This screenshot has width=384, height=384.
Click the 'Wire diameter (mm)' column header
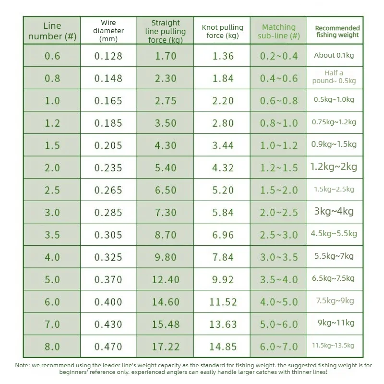108,31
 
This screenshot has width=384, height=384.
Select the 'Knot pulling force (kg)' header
222,31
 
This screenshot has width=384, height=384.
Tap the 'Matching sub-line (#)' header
279,31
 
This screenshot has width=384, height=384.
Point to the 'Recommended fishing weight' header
337,31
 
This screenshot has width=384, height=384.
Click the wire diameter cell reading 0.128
108,56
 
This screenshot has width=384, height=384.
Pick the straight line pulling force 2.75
166,101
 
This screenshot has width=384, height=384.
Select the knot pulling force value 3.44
223,145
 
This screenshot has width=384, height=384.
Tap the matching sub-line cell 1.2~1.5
279,168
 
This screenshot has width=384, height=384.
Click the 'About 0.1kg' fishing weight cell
334,55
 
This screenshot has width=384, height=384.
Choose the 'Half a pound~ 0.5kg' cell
334,77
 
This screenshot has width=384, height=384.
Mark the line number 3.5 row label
52,235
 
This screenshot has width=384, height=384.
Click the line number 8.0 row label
52,347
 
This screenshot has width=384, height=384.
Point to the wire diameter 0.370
108,280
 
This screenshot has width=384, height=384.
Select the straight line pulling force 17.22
166,347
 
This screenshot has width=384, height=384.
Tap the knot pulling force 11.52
223,302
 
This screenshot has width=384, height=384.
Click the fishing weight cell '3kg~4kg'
334,211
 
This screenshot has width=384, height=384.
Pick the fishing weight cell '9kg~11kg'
336,323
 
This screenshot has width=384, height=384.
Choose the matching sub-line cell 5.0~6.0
279,324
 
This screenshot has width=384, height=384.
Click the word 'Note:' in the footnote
23,365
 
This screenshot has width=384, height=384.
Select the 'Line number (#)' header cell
52,31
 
